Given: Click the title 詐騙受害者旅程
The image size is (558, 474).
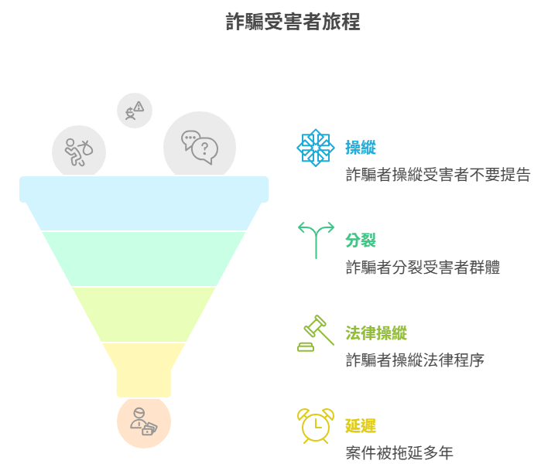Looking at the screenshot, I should pos(293,22).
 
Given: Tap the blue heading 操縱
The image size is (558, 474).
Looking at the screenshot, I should pos(360,148).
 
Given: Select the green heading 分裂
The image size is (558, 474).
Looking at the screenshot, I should pos(360,240).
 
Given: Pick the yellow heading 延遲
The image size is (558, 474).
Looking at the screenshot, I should pos(360,426).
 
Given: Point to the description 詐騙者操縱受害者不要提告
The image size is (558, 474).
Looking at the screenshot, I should pos(437,175).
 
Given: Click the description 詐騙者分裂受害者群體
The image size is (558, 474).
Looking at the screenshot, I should pos(422,268).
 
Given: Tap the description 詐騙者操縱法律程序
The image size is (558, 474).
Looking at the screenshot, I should pos(414,360).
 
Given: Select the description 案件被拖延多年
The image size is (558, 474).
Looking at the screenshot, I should pos(399,453).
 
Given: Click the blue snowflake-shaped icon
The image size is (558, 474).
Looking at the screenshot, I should pos(316,148).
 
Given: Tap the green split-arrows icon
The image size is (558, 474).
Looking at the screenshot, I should pos(316,240).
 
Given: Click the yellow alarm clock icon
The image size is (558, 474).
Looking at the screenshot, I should pos(316,426).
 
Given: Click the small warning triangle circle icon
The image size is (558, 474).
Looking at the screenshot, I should pos(135,111).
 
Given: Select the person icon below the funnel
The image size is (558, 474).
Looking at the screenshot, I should pos(143,422).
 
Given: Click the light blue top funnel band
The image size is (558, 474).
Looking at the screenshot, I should pos(144,209).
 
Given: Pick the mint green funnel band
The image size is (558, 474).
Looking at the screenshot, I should pos(144,258).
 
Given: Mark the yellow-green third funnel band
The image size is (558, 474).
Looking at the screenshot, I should pos(144,314).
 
